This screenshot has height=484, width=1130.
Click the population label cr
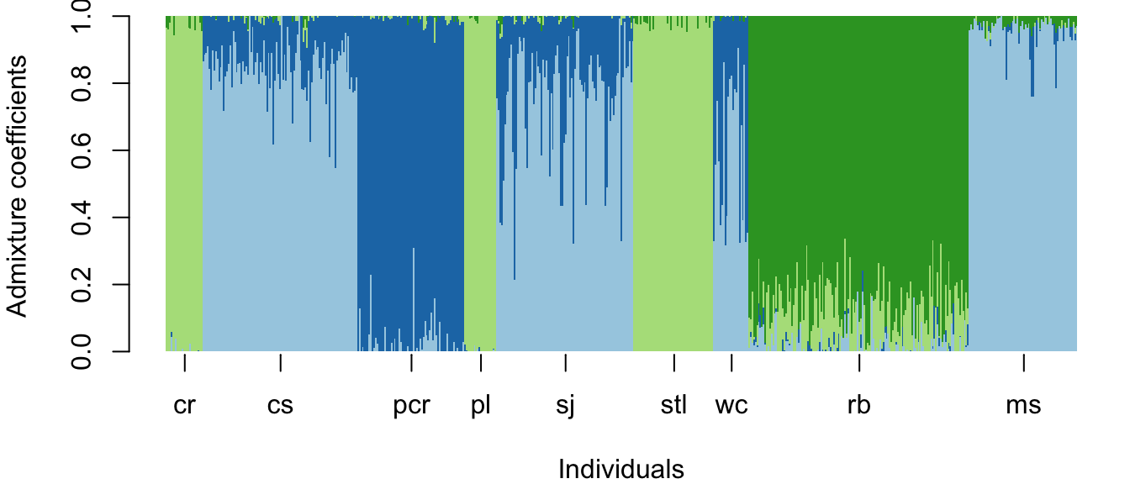click(x=184, y=406)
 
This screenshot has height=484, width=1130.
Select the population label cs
click(x=280, y=406)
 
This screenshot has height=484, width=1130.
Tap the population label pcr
click(x=411, y=406)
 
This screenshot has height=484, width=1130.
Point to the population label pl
click(x=481, y=406)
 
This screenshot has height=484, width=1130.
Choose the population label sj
click(x=566, y=406)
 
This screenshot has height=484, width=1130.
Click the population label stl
click(x=673, y=406)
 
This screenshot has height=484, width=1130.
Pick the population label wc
click(x=731, y=406)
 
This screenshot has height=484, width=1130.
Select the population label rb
click(x=858, y=406)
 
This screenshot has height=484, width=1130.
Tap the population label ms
click(x=1023, y=406)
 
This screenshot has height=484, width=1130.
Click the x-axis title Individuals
click(x=621, y=469)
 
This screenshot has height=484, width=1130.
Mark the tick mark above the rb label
click(x=858, y=363)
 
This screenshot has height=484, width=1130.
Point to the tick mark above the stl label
click(x=673, y=363)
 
